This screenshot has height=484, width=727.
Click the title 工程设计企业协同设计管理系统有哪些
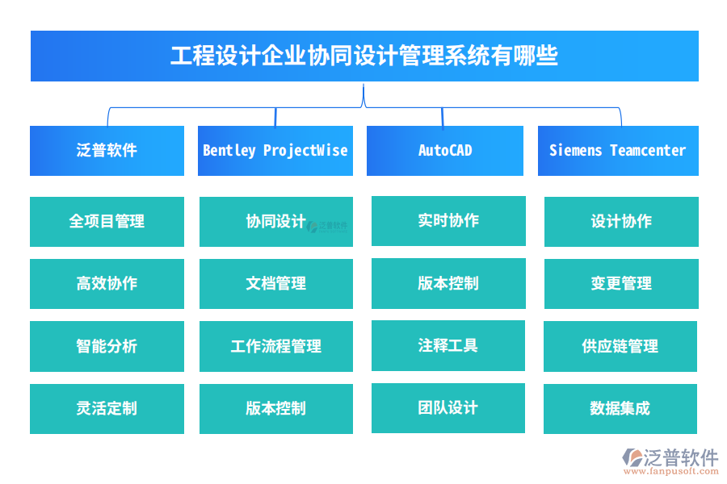364,56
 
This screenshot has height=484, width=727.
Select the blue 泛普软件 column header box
107,151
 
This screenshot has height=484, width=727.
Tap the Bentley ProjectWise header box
275,151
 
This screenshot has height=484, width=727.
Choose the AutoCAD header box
445,151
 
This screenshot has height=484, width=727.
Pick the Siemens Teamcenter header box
618,151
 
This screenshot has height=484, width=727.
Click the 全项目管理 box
107,222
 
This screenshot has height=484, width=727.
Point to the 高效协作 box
107,284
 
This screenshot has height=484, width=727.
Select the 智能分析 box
107,346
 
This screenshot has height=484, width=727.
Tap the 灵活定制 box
107,409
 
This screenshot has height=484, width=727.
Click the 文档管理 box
275,284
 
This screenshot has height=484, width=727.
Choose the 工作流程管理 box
275,346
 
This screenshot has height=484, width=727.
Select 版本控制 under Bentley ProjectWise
275,409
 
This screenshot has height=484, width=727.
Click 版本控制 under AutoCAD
448,283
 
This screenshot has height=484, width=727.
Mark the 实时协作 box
448,221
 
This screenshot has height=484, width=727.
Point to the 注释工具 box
448,345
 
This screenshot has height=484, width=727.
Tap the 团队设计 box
448,408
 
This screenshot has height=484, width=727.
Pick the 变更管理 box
621,284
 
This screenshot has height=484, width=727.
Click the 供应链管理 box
621,346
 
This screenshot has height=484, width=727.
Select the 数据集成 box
621,409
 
